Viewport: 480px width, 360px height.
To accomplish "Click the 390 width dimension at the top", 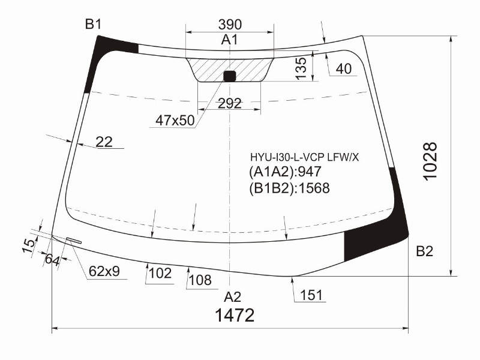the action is pyautogui.click(x=230, y=25).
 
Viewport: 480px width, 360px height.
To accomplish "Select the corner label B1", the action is pyautogui.click(x=93, y=25).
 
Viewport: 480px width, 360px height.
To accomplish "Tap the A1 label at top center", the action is pyautogui.click(x=230, y=40).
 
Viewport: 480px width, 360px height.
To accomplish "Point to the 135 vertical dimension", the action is pyautogui.click(x=301, y=68).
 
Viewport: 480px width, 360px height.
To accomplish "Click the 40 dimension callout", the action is pyautogui.click(x=343, y=69).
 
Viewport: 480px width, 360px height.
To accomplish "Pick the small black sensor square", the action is pyautogui.click(x=230, y=76).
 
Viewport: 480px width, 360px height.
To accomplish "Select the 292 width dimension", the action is pyautogui.click(x=230, y=104).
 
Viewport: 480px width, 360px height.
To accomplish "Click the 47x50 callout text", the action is pyautogui.click(x=175, y=121).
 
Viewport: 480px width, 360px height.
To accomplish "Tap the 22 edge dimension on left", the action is pyautogui.click(x=104, y=142).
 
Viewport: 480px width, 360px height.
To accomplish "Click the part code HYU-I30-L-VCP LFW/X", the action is pyautogui.click(x=304, y=157).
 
